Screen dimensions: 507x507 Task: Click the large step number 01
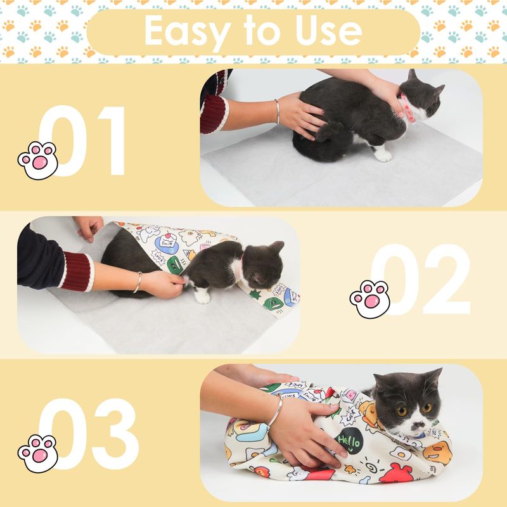[x=82, y=141]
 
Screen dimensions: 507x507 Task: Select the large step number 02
[x=420, y=279]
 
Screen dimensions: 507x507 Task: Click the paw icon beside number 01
[x=38, y=160]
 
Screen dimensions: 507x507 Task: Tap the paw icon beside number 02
[x=370, y=299]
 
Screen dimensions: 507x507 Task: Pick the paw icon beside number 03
[x=38, y=454]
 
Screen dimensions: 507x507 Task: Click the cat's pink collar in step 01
[x=406, y=109]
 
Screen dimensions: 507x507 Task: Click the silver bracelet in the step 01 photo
[x=277, y=112]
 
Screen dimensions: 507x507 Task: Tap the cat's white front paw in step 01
[x=383, y=155]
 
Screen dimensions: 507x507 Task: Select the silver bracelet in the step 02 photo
[x=138, y=282]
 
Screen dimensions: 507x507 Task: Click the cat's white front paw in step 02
[x=202, y=296]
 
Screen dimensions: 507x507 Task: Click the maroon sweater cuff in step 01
[x=214, y=114]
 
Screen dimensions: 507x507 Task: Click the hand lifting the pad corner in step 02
[x=89, y=228]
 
